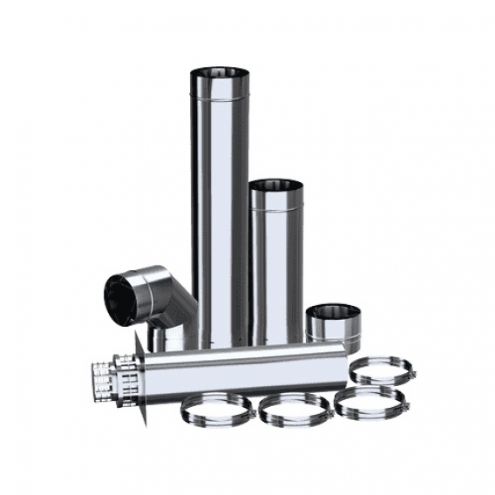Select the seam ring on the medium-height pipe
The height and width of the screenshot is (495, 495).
276,210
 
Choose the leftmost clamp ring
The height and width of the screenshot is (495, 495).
213,410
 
